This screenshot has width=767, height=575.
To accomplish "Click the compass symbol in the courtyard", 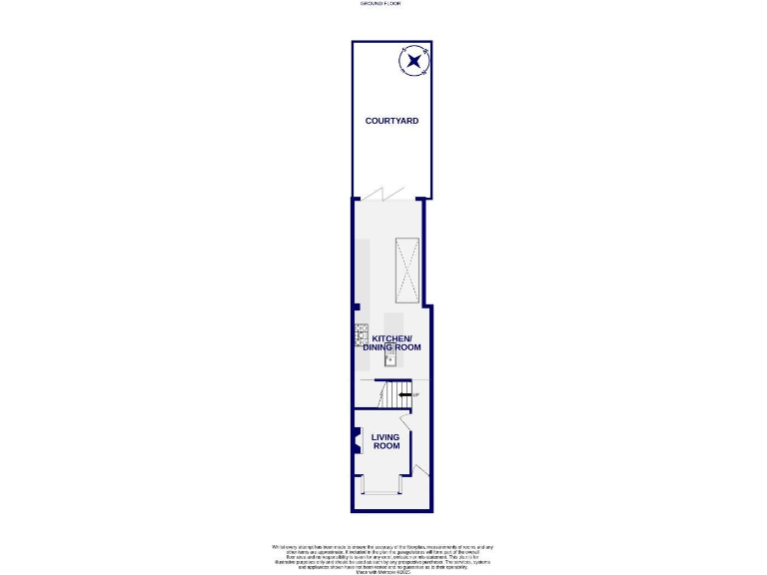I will pos(413,63).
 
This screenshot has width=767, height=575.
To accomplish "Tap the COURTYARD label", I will pos(391,121).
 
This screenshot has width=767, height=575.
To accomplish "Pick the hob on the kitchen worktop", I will pos(361,335).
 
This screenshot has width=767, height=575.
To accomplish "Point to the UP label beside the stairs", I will pos(415,395).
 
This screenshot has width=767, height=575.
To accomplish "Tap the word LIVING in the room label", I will pos(385,437).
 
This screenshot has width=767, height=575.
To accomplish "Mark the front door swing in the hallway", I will pos(421,471).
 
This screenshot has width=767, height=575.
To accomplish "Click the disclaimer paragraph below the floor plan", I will pos(383,557).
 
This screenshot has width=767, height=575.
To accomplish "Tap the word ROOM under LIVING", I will pos(385,446).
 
